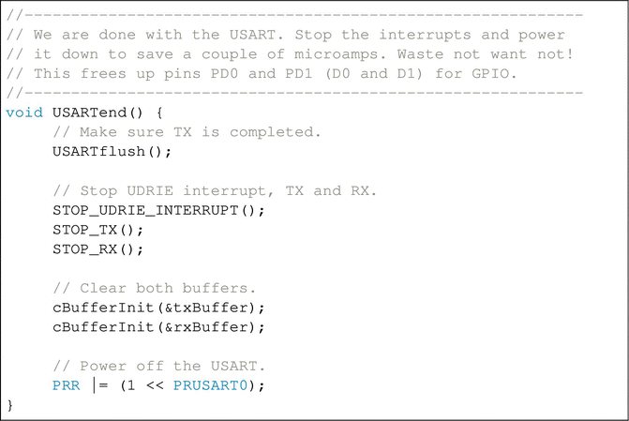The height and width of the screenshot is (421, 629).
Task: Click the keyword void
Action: pos(23,113)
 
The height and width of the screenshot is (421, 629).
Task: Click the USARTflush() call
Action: pos(112,152)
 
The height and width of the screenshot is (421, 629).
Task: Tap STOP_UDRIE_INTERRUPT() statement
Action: pos(159,210)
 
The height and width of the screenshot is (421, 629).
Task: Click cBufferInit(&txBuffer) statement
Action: pos(159,308)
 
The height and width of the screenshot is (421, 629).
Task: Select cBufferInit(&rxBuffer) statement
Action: pos(159,327)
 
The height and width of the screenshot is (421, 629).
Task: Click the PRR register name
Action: pos(67,386)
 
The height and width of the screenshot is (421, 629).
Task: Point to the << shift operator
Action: pos(154,386)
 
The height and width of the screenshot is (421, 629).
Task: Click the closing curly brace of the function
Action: pos(10,405)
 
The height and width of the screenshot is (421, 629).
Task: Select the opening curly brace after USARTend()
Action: pos(159,113)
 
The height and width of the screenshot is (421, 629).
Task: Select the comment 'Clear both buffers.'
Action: pos(155,288)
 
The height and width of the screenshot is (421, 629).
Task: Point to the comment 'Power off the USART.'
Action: pos(158,367)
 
